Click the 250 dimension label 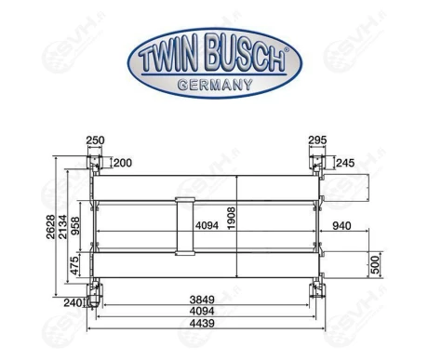pos(95,140)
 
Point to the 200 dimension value pos(123,164)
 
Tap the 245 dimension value pos(347,164)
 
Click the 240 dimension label pos(74,301)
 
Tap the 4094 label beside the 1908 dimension pos(208,226)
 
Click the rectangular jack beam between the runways pos(185,225)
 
